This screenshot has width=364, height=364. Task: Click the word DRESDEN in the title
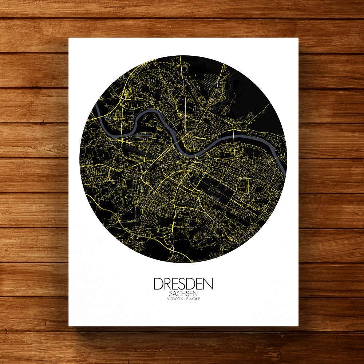click(183, 284)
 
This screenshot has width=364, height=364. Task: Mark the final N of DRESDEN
click(209, 284)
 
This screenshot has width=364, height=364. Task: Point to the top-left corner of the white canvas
click(69, 38)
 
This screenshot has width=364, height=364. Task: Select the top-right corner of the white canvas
click(298, 38)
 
